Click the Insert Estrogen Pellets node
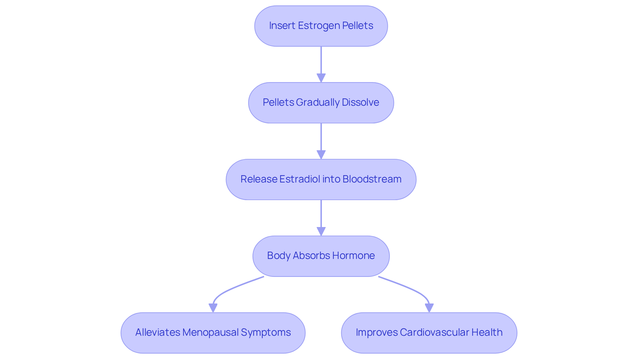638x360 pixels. pyautogui.click(x=321, y=26)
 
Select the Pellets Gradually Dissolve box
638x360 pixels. pyautogui.click(x=321, y=103)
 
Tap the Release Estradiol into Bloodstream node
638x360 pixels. pyautogui.click(x=321, y=180)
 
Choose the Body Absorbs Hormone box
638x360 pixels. pyautogui.click(x=321, y=256)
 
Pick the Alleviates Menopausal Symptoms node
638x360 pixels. pyautogui.click(x=213, y=333)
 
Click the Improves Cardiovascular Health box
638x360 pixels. pyautogui.click(x=429, y=333)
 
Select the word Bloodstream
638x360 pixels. pyautogui.click(x=372, y=179)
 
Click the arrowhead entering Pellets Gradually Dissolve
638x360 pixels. pyautogui.click(x=321, y=78)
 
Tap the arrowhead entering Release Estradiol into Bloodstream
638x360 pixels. pyautogui.click(x=321, y=155)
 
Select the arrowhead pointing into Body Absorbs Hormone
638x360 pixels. pyautogui.click(x=321, y=232)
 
